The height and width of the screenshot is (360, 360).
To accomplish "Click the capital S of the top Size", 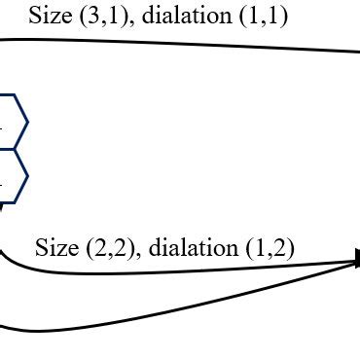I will tap(35, 17).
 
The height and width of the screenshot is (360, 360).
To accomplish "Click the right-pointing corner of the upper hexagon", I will tap(27, 122).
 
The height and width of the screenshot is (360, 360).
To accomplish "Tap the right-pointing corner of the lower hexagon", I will tap(27, 176).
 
